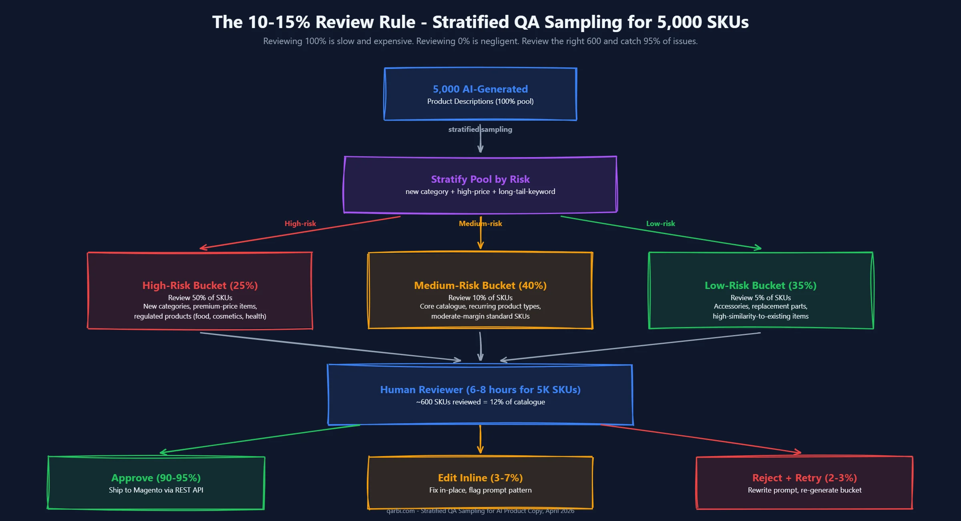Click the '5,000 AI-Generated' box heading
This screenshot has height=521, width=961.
(x=480, y=89)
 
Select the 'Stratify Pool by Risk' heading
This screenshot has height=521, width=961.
(x=480, y=179)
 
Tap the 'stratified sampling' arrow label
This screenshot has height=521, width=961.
(x=480, y=129)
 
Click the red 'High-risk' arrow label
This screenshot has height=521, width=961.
(x=300, y=224)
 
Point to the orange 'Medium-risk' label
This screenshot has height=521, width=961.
(x=480, y=224)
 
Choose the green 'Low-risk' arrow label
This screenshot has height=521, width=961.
(x=660, y=224)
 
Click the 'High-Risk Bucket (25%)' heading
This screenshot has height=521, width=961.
(x=200, y=285)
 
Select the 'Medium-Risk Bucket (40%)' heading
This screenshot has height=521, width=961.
(x=480, y=285)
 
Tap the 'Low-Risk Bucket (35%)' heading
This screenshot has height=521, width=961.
(x=760, y=285)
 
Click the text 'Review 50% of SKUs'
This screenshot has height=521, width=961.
(x=200, y=298)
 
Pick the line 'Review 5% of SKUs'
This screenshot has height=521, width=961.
(x=760, y=298)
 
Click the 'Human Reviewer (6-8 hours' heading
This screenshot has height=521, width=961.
(x=480, y=390)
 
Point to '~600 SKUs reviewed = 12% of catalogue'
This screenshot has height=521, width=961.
(x=480, y=402)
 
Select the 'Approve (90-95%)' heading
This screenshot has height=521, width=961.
(x=156, y=478)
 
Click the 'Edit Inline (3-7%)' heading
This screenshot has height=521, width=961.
(x=480, y=478)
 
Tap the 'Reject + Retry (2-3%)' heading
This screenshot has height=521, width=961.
(x=804, y=478)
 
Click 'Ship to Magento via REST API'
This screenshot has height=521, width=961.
(x=156, y=490)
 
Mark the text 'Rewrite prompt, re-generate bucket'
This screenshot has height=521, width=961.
(x=804, y=490)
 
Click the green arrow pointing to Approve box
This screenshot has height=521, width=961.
(x=260, y=439)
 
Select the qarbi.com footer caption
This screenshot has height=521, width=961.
(x=480, y=511)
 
